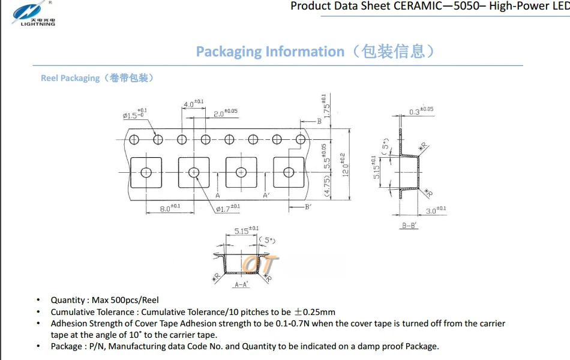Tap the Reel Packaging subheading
click(x=70, y=78)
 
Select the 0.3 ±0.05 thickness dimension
click(x=421, y=111)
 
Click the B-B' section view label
click(x=410, y=226)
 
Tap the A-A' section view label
click(x=241, y=284)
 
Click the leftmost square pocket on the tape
click(x=146, y=173)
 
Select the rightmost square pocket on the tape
click(x=289, y=173)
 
